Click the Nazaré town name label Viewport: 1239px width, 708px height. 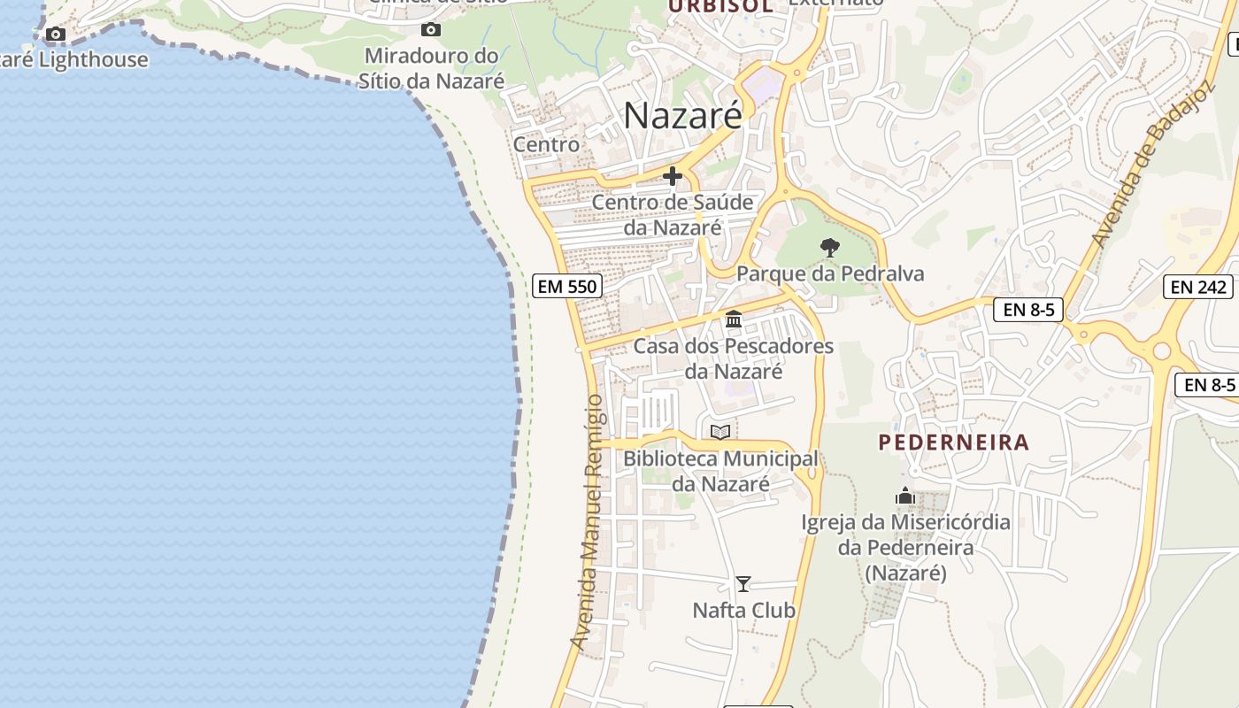(682, 116)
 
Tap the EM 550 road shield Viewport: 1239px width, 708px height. (567, 286)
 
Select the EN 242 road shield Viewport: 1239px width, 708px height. (1198, 287)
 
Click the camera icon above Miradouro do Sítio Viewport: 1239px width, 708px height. (431, 30)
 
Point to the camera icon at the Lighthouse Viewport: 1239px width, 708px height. (56, 35)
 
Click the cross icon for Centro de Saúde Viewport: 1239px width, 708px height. (673, 177)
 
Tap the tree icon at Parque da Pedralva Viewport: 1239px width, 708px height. (829, 248)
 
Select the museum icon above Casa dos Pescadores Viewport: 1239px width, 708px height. (734, 319)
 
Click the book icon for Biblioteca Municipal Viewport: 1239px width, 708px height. (720, 432)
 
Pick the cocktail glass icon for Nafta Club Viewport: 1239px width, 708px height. (743, 584)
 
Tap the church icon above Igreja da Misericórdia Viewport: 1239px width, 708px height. (904, 496)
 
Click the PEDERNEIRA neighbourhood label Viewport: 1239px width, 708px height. (954, 442)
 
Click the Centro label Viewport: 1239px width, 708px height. (546, 144)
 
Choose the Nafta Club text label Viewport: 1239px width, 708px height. (743, 611)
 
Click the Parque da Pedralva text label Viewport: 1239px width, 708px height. (830, 273)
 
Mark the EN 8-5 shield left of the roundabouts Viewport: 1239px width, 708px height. (1027, 310)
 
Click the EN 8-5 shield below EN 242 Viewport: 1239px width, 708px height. (1207, 385)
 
